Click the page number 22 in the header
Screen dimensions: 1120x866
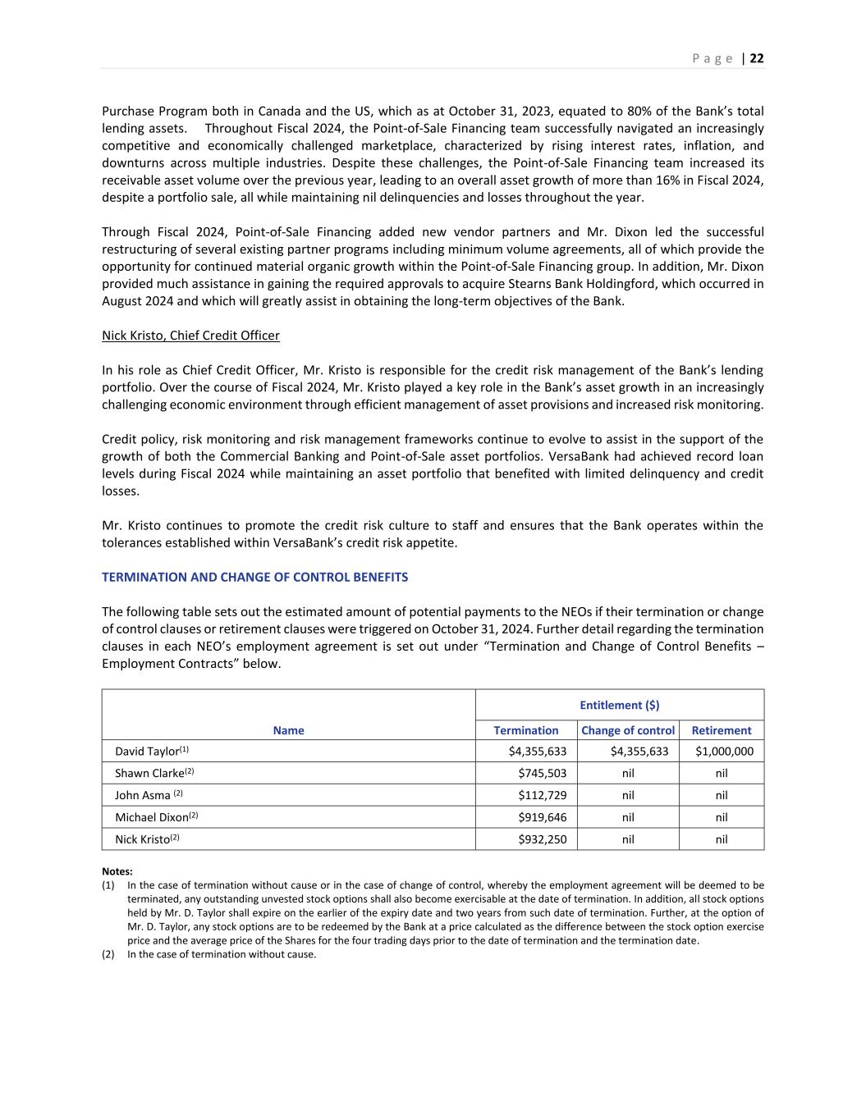(x=757, y=58)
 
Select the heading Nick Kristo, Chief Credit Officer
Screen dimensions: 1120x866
(x=190, y=336)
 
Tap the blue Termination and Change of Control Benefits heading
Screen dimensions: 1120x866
(x=254, y=577)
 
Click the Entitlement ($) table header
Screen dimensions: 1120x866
(x=619, y=705)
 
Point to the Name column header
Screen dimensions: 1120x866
(x=288, y=730)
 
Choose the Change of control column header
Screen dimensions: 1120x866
(x=628, y=730)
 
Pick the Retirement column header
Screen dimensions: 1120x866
(x=722, y=730)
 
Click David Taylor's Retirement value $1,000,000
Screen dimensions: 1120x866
(x=724, y=752)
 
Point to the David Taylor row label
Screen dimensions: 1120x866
(x=148, y=752)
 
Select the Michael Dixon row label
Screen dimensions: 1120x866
(x=152, y=817)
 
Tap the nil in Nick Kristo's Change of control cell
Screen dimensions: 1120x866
(x=628, y=839)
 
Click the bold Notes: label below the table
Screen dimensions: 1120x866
(x=117, y=871)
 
